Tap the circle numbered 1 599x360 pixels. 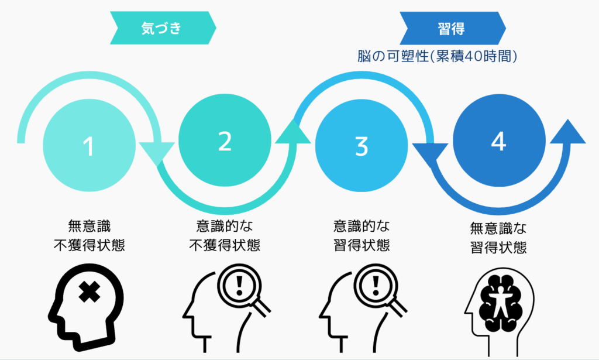(89, 145)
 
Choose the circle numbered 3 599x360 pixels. (362, 145)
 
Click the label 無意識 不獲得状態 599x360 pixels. (89, 235)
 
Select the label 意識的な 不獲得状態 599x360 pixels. (225, 235)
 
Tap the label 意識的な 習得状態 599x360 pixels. (362, 235)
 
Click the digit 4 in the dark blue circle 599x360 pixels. (498, 142)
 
